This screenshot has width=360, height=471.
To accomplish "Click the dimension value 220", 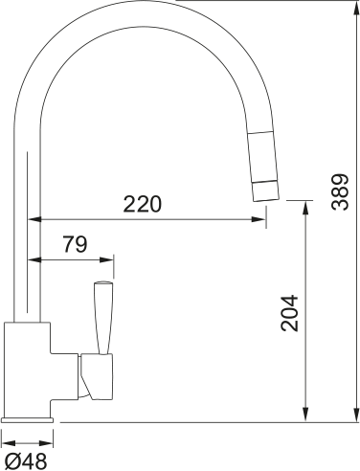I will (x=143, y=204).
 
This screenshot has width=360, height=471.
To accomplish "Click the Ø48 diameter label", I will (x=25, y=461).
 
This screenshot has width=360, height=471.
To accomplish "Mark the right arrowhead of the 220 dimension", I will (x=260, y=220).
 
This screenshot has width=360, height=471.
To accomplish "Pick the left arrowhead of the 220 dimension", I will (x=36, y=220).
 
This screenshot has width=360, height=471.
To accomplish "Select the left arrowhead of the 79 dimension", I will (x=36, y=259).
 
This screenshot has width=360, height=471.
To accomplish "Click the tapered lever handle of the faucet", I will (x=102, y=315).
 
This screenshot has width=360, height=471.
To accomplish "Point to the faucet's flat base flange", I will (x=29, y=419).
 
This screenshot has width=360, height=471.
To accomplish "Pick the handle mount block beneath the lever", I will (x=96, y=374).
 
